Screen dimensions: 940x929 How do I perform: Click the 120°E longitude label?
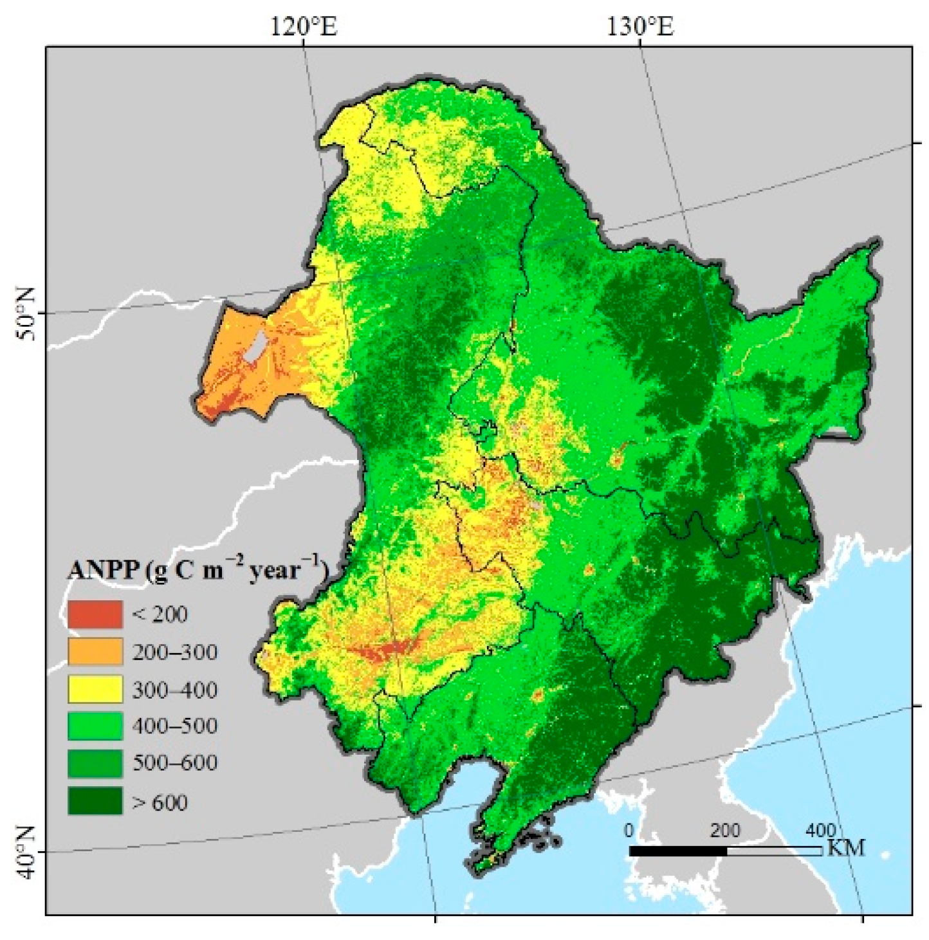(x=304, y=26)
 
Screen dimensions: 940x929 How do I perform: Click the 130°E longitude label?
(x=641, y=26)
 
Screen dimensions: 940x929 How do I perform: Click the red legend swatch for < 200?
(x=95, y=614)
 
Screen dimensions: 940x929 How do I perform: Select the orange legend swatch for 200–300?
(x=95, y=652)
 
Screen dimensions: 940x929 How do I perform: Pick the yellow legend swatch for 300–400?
(x=95, y=689)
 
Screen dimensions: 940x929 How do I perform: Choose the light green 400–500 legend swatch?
(x=95, y=726)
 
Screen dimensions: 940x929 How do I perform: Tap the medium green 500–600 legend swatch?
(x=95, y=764)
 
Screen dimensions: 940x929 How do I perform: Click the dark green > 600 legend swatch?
(x=95, y=802)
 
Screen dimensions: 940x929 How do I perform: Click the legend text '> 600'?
(x=160, y=802)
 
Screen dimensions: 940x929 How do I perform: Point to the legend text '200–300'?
(x=175, y=652)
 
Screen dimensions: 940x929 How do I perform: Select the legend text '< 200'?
(x=160, y=614)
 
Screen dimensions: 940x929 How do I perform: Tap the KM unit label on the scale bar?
(x=845, y=847)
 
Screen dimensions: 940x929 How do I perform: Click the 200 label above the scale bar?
(x=725, y=831)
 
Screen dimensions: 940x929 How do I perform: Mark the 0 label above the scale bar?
(x=629, y=831)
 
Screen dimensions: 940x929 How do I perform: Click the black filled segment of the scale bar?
(x=677, y=851)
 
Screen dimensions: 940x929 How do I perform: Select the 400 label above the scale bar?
(x=821, y=831)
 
